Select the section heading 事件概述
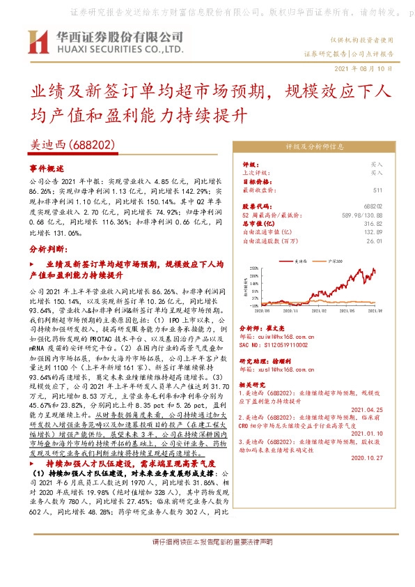coord(47,169)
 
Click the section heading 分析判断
coord(47,248)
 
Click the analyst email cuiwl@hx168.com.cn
coord(281,335)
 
